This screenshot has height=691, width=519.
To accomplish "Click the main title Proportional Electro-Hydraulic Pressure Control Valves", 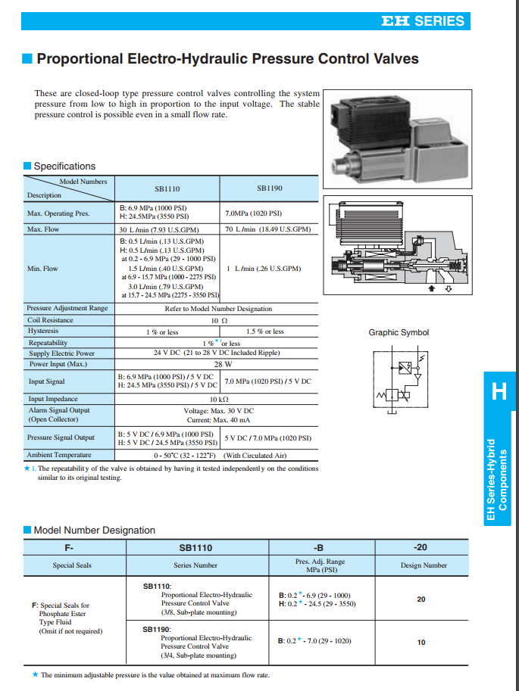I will [x=227, y=59].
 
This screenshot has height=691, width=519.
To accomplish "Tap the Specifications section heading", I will [x=64, y=166].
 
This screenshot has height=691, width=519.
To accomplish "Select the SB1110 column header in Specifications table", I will [x=166, y=189].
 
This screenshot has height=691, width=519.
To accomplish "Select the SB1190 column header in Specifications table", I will [x=269, y=188].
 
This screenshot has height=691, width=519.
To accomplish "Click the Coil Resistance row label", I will [x=50, y=320].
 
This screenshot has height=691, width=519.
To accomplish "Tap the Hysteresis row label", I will [x=43, y=331].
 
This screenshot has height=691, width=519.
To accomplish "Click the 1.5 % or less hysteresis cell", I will [x=265, y=331].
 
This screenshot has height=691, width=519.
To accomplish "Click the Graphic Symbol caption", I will [x=399, y=332].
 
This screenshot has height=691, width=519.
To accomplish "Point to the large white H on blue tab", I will [x=499, y=391].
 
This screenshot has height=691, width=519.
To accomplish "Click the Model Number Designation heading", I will [x=94, y=530].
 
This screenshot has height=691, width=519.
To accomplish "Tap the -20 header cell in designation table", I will [x=421, y=546].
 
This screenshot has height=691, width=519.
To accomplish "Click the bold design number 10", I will [x=421, y=643].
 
